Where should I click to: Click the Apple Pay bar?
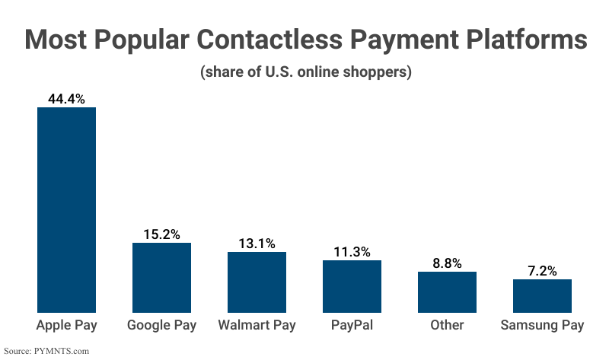[x=67, y=209]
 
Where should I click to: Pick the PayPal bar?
[x=352, y=285]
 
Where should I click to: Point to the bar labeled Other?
[x=447, y=292]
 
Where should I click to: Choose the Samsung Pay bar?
[x=542, y=295]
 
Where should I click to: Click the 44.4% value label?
[x=67, y=98]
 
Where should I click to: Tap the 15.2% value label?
[x=161, y=234]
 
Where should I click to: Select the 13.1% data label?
[x=257, y=243]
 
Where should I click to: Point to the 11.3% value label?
[x=352, y=251]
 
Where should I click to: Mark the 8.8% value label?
[x=447, y=263]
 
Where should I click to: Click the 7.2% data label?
[x=542, y=270]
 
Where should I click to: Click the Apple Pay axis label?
[x=67, y=326]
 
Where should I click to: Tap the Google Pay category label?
[x=161, y=326]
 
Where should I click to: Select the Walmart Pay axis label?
[x=257, y=326]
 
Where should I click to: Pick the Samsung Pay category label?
[x=542, y=326]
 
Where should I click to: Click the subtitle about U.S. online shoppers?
[x=305, y=73]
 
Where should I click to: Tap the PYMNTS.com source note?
[x=46, y=351]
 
